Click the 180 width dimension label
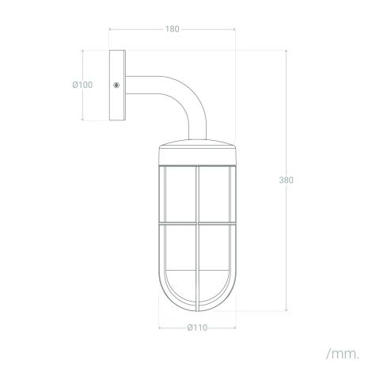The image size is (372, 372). [x=173, y=29]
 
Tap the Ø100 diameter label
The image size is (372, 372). [x=82, y=85]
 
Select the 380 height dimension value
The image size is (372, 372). [x=287, y=180]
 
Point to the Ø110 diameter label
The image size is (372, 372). [x=197, y=328]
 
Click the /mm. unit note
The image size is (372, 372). [x=343, y=354]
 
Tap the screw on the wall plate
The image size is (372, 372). [x=116, y=85]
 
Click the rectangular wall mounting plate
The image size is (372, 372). [x=117, y=85]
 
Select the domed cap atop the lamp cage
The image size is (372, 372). [x=197, y=143]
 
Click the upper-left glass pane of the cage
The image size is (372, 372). [x=180, y=195]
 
